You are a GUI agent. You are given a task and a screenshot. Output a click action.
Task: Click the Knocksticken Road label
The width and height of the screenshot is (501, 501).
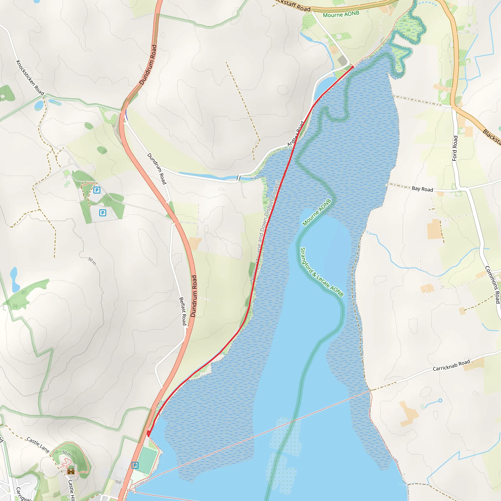pyautogui.click(x=30, y=78)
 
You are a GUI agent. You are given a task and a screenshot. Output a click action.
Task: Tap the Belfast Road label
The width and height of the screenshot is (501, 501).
pyautogui.click(x=183, y=311)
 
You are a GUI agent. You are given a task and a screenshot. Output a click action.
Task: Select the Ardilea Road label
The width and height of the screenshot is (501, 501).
pyautogui.click(x=295, y=134)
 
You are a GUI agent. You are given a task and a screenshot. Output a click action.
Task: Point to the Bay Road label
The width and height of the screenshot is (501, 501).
pyautogui.click(x=422, y=189)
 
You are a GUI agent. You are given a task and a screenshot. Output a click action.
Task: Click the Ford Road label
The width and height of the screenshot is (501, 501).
pyautogui.click(x=455, y=148)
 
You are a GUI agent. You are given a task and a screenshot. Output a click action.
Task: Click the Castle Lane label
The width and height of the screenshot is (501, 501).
pyautogui.click(x=38, y=445)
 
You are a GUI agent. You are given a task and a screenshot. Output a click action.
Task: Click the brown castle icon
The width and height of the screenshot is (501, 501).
pyautogui.click(x=71, y=471)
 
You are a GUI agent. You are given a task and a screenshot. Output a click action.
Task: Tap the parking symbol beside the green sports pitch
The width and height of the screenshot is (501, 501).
pyautogui.click(x=135, y=465)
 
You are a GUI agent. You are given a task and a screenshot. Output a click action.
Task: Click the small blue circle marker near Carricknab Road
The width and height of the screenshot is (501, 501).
pyautogui.click(x=440, y=401)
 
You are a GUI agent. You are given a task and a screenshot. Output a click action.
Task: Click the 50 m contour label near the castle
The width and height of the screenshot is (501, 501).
pyautogui.click(x=66, y=454)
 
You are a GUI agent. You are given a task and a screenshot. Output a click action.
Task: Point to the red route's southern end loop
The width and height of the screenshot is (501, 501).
pyautogui.click(x=148, y=433)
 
